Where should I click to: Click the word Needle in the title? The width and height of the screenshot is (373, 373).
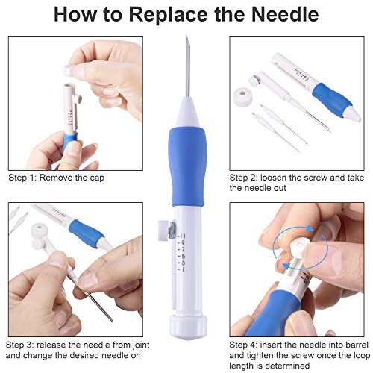tap(285, 14)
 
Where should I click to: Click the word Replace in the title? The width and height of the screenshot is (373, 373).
tap(168, 16)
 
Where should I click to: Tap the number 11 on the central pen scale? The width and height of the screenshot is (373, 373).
tap(183, 236)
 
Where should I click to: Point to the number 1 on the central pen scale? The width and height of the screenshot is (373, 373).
tap(183, 269)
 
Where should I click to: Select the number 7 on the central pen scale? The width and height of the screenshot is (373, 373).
tap(183, 249)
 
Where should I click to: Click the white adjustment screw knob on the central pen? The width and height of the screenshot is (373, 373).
tap(163, 231)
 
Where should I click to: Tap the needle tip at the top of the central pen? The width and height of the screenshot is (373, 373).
tap(186, 37)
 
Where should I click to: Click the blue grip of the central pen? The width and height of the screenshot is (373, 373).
tap(187, 166)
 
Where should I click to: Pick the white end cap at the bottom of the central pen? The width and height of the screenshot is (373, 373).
tap(188, 327)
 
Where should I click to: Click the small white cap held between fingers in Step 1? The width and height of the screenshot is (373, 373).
tap(68, 70)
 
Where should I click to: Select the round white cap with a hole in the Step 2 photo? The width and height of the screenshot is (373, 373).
tap(243, 97)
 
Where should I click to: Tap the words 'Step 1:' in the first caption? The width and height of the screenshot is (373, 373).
tap(22, 178)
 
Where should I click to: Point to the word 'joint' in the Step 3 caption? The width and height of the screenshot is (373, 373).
tap(140, 345)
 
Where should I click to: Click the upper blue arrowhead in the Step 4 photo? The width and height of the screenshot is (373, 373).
tap(309, 228)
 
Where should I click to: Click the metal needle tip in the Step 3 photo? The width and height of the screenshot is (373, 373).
tap(111, 321)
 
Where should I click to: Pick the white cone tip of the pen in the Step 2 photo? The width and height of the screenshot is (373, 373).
tap(354, 114)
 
